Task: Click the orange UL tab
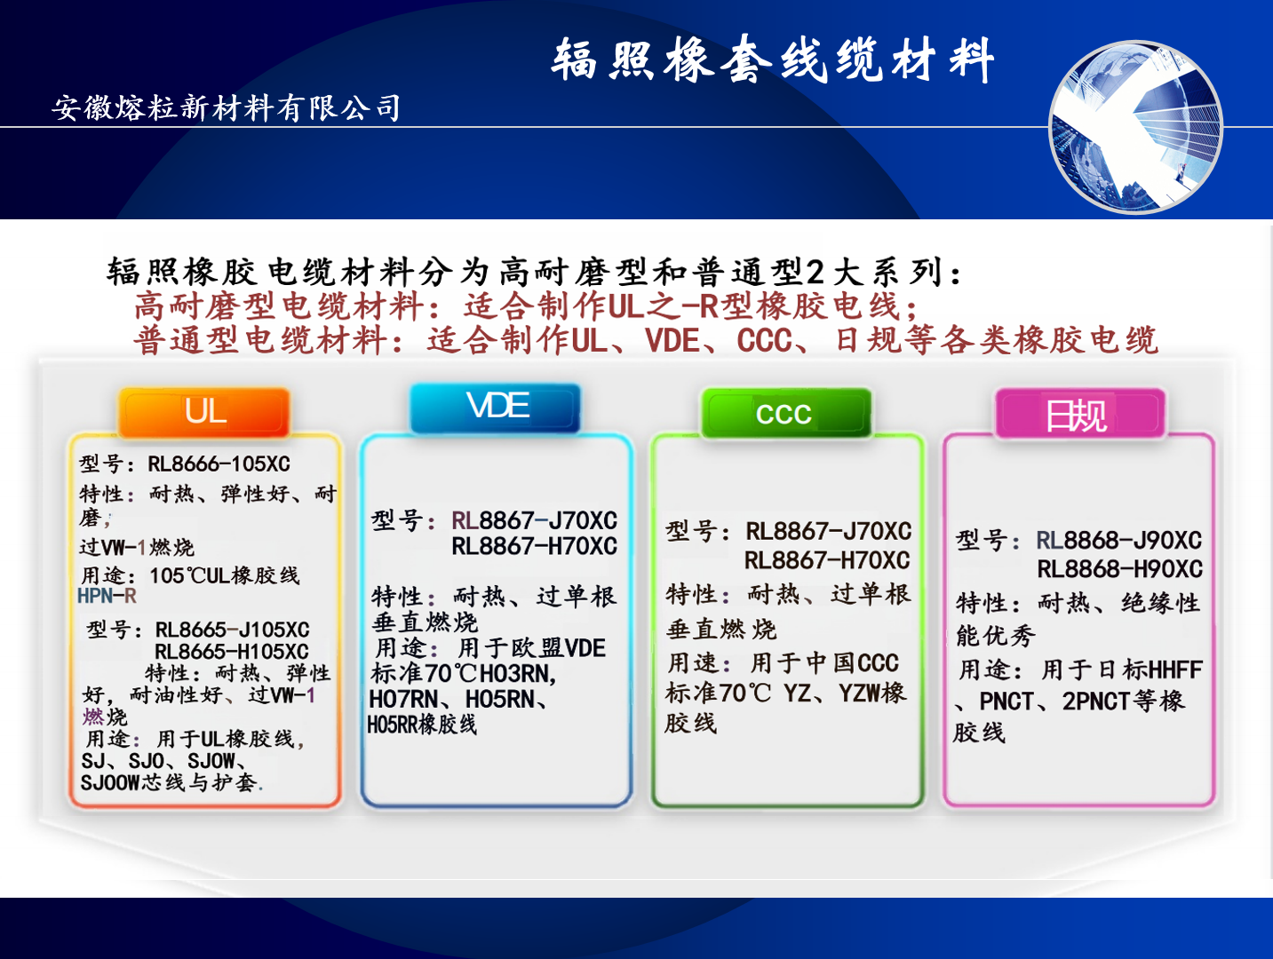[204, 412]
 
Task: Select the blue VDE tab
[496, 408]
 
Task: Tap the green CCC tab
[786, 413]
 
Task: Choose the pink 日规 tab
[1080, 414]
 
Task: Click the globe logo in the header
[1135, 126]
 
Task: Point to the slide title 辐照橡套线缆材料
[773, 59]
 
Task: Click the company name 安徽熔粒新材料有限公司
[227, 107]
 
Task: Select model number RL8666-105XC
[219, 464]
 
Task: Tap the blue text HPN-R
[107, 596]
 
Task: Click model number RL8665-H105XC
[232, 651]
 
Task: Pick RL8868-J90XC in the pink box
[1118, 540]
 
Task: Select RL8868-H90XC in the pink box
[1120, 568]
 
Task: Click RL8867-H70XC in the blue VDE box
[534, 546]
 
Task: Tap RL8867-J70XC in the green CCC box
[828, 531]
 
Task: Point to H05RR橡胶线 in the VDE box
[422, 725]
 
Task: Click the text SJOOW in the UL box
[110, 783]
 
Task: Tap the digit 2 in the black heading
[815, 272]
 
